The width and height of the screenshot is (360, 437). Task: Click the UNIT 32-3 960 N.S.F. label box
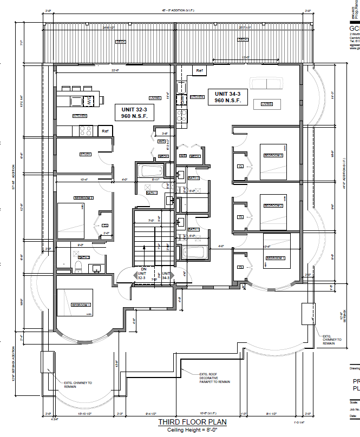[134, 112]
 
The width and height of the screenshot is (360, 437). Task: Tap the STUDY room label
[86, 155]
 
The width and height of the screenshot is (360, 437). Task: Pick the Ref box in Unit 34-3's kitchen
[199, 70]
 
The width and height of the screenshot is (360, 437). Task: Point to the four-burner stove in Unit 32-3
[86, 130]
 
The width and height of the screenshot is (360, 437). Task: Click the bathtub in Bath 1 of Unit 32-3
[148, 172]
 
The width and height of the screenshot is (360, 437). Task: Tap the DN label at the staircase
[143, 269]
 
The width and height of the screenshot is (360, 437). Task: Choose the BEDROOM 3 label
[273, 156]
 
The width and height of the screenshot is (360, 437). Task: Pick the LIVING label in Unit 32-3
[155, 98]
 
